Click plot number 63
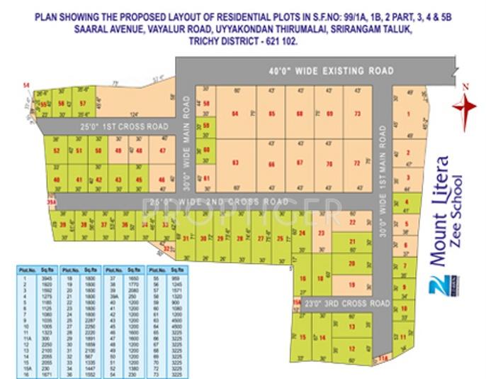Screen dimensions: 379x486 [235, 163]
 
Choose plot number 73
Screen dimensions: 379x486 [357, 113]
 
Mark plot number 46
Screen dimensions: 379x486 [162, 180]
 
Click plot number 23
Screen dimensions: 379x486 [321, 233]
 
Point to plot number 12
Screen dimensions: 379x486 [351, 348]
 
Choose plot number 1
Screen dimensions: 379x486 [408, 114]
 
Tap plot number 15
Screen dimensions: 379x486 [303, 337]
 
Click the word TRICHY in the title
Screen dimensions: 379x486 [206, 41]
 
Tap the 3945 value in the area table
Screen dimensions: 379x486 [46, 279]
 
